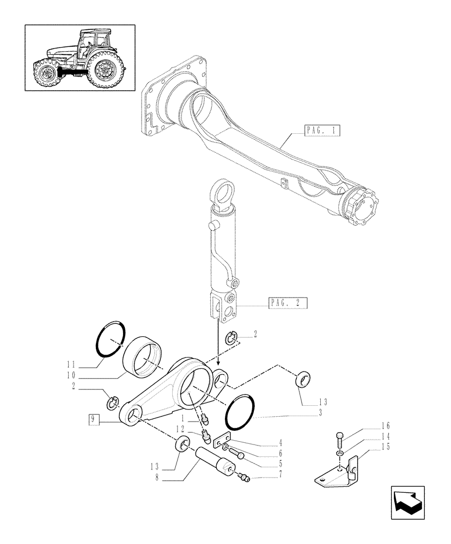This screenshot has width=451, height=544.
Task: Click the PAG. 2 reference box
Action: pos(288,303)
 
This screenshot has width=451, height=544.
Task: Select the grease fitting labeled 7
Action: pos(245,478)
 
